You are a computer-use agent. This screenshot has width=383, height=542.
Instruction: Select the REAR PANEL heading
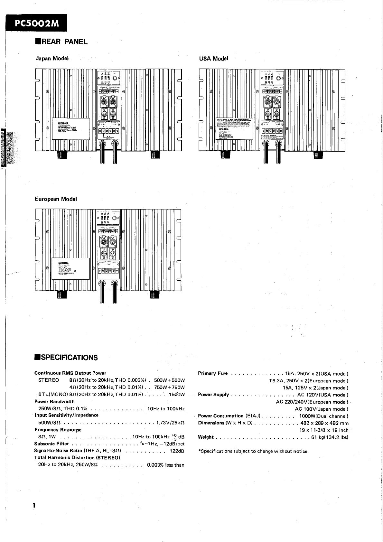[61, 42]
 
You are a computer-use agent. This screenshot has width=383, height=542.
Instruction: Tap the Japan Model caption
[52, 59]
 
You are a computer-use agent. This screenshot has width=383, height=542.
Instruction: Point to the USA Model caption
[214, 59]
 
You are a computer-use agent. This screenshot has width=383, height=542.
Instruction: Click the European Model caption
[56, 199]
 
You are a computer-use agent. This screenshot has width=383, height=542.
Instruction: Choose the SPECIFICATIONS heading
[66, 358]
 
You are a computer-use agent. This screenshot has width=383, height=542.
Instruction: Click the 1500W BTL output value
[177, 395]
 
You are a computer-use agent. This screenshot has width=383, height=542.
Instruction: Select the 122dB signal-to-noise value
[177, 451]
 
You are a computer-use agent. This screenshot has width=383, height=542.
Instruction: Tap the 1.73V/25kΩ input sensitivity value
[170, 423]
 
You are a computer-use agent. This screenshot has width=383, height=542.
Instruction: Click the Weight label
[206, 437]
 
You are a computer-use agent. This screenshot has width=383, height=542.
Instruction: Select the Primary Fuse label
[213, 374]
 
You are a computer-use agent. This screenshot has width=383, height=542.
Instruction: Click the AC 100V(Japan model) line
[322, 409]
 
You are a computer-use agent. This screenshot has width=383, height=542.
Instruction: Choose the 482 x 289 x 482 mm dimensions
[324, 423]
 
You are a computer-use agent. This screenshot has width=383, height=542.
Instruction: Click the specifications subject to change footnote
[254, 451]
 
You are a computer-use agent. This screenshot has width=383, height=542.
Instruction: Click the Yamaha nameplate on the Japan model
[71, 129]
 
